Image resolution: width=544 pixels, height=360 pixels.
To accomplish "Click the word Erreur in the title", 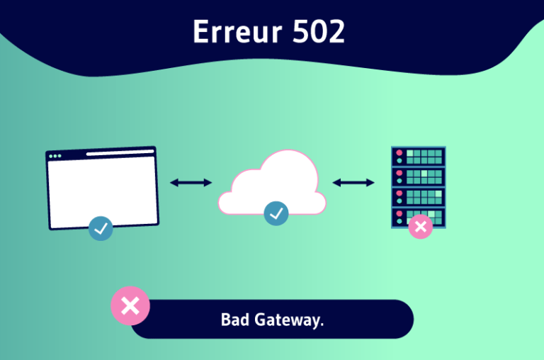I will click(234, 33).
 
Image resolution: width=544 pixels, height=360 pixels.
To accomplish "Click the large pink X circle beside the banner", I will click(130, 306).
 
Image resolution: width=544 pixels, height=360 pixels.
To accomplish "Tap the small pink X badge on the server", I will click(421, 227).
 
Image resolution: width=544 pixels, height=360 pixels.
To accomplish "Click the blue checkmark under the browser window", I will click(101, 228).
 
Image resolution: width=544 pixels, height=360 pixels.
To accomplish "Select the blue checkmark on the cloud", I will click(276, 213).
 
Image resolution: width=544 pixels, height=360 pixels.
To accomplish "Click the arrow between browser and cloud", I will click(191, 183).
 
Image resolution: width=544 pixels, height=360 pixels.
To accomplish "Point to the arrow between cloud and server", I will click(353, 183).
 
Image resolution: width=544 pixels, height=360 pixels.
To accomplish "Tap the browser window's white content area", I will click(103, 191).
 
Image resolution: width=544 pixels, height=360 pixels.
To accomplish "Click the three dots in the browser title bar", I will click(55, 156).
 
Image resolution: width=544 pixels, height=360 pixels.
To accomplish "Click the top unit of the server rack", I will click(418, 156).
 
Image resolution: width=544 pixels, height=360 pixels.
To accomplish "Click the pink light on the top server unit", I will click(399, 152).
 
